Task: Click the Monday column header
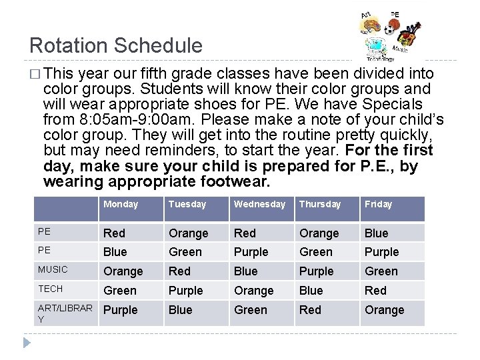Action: [x=121, y=205]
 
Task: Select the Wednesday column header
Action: [x=259, y=205]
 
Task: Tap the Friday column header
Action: [x=378, y=205]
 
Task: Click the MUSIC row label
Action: [x=53, y=270]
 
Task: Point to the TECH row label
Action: [x=50, y=289]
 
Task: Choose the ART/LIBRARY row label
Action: [x=65, y=313]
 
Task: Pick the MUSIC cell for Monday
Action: [x=123, y=271]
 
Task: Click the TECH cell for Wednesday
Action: [x=253, y=291]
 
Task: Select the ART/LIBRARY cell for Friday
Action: [x=384, y=310]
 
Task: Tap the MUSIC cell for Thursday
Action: [x=316, y=271]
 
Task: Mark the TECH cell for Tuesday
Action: [x=185, y=291]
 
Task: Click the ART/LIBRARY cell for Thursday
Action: [x=310, y=310]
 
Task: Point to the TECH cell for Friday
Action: [x=375, y=291]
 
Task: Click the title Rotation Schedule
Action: [x=116, y=46]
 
